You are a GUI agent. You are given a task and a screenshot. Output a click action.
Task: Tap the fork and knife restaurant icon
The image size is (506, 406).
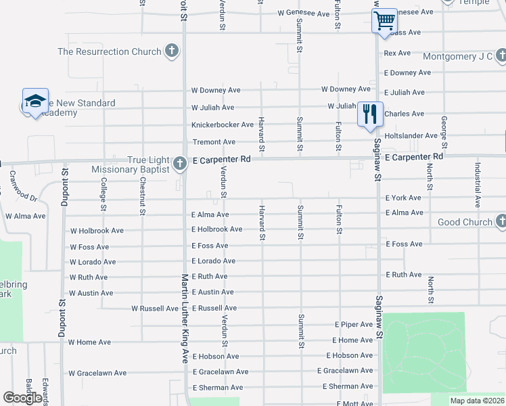[x=369, y=112]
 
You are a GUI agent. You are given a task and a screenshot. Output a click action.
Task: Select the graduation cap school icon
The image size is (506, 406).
[x=35, y=101]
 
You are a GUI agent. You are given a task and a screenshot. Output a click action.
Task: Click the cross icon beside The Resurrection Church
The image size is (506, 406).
[x=172, y=51]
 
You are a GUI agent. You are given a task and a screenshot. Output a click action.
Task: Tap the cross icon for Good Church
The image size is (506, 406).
[x=501, y=221]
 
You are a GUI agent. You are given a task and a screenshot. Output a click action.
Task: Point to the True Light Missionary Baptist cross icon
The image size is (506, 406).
[x=179, y=163]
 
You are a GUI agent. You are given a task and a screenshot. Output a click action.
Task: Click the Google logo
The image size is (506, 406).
[x=22, y=398]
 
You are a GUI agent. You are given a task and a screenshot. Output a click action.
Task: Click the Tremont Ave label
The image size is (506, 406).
[x=214, y=142]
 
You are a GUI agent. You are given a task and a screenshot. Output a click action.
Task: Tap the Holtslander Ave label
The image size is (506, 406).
[x=411, y=136]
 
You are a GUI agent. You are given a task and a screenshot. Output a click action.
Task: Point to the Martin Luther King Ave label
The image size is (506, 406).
[x=184, y=319]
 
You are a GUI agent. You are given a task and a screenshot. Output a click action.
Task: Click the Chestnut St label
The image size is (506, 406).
[x=143, y=197]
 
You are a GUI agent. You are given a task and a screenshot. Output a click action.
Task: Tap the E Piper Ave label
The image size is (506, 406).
[x=353, y=325]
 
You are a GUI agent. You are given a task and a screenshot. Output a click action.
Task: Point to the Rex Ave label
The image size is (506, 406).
[x=397, y=53]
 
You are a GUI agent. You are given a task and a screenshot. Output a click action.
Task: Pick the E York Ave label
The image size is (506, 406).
[x=403, y=198]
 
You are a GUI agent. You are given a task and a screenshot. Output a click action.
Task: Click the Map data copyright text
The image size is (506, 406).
[x=476, y=401]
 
